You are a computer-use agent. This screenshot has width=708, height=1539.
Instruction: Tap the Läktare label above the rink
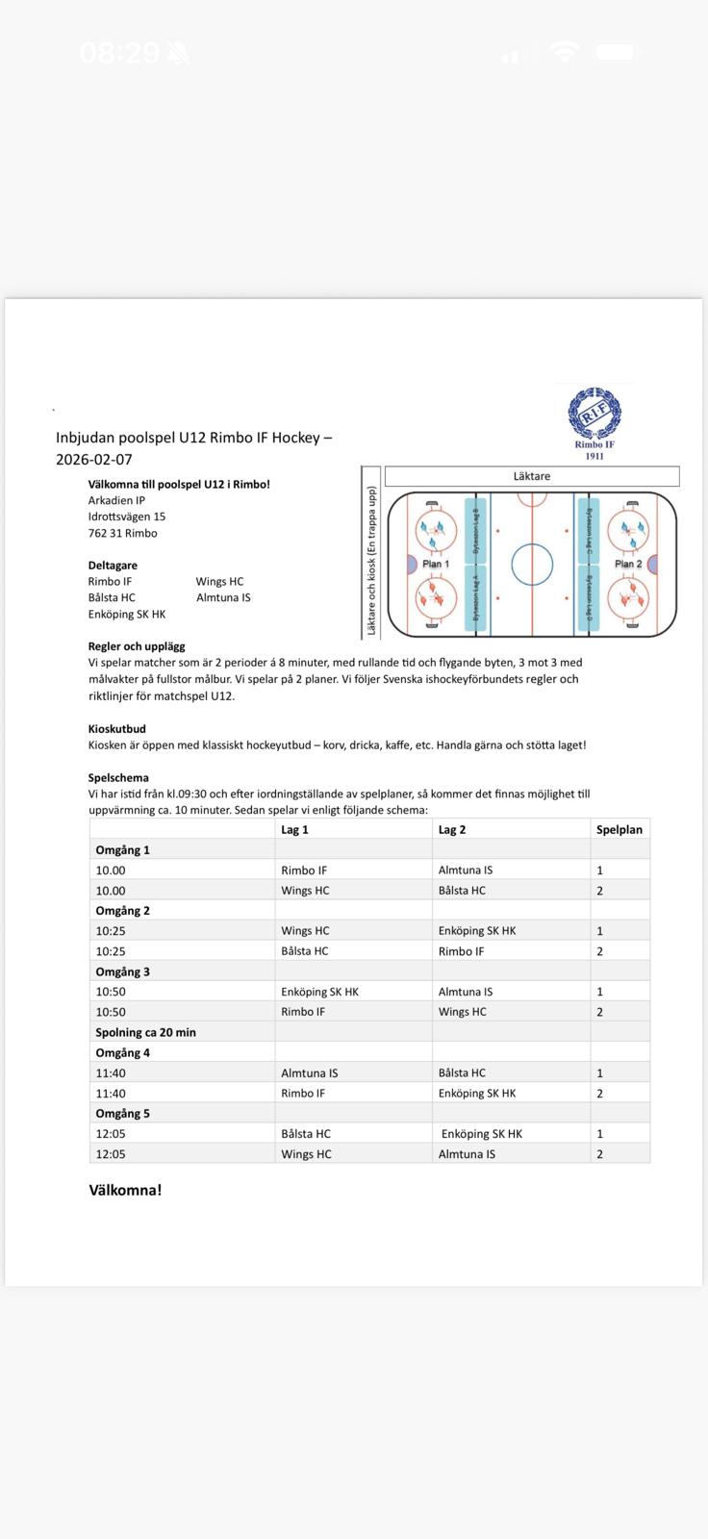531,476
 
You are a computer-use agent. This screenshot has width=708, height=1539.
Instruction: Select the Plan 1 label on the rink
436,564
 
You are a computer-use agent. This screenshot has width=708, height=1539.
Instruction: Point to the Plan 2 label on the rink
628,564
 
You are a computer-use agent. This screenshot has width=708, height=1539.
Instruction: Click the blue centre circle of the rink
532,565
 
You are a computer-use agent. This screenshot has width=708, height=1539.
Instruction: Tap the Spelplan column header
619,829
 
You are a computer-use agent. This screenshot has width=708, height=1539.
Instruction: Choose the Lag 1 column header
294,829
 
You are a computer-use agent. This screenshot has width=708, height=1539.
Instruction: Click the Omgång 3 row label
122,971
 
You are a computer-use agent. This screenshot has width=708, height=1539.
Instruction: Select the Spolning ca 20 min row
145,1032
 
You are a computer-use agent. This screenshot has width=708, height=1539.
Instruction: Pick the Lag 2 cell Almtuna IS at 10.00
466,870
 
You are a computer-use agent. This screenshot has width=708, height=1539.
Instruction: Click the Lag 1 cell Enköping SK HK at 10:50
319,992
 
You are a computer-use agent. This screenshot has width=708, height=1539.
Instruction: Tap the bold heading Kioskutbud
116,729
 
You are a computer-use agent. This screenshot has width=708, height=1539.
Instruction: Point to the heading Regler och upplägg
137,646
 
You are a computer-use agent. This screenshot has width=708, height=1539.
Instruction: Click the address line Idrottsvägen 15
127,517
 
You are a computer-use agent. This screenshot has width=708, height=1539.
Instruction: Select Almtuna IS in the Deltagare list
223,597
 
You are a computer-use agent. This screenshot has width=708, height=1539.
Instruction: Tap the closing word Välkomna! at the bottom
125,1190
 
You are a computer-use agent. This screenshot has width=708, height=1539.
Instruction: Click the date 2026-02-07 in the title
94,460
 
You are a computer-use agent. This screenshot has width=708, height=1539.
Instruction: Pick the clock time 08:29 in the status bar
119,53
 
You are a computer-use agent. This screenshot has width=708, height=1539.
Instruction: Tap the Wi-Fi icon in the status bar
566,53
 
